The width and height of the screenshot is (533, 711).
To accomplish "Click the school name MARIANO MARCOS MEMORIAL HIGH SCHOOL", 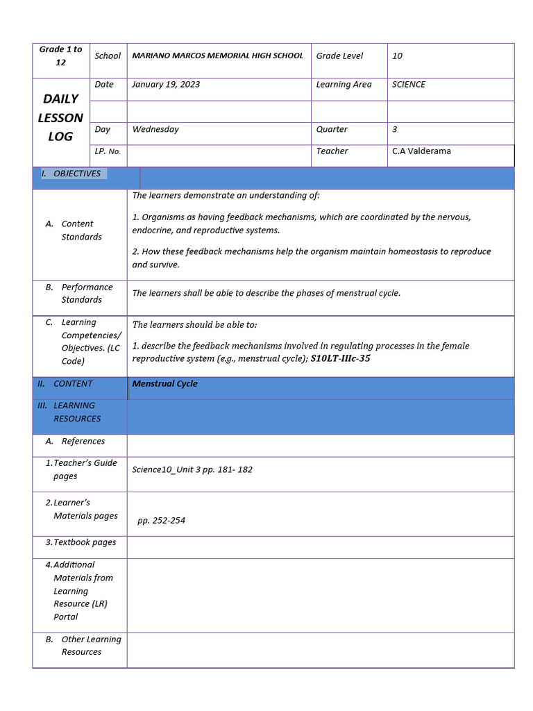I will tap(217, 56).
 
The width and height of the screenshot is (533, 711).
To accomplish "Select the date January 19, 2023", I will tap(166, 84).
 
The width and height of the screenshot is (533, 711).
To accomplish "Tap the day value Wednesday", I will tap(155, 129).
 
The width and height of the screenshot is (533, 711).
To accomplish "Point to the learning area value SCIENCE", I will tap(409, 84).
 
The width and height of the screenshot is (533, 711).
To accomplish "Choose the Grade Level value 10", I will tap(397, 56).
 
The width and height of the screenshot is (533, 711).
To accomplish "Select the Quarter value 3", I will tap(395, 129).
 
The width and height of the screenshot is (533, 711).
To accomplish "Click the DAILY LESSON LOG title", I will tap(60, 117).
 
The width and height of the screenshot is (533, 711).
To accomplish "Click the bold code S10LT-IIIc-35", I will tap(340, 359).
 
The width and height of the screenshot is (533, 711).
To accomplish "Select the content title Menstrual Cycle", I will tap(164, 383).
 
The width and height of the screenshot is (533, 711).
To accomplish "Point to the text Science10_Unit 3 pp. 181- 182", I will tap(192, 469).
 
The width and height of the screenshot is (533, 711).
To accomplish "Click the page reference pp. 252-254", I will tap(161, 520).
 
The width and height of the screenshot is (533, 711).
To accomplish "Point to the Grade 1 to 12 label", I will tap(60, 56).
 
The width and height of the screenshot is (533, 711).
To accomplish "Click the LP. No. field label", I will tap(108, 151).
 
